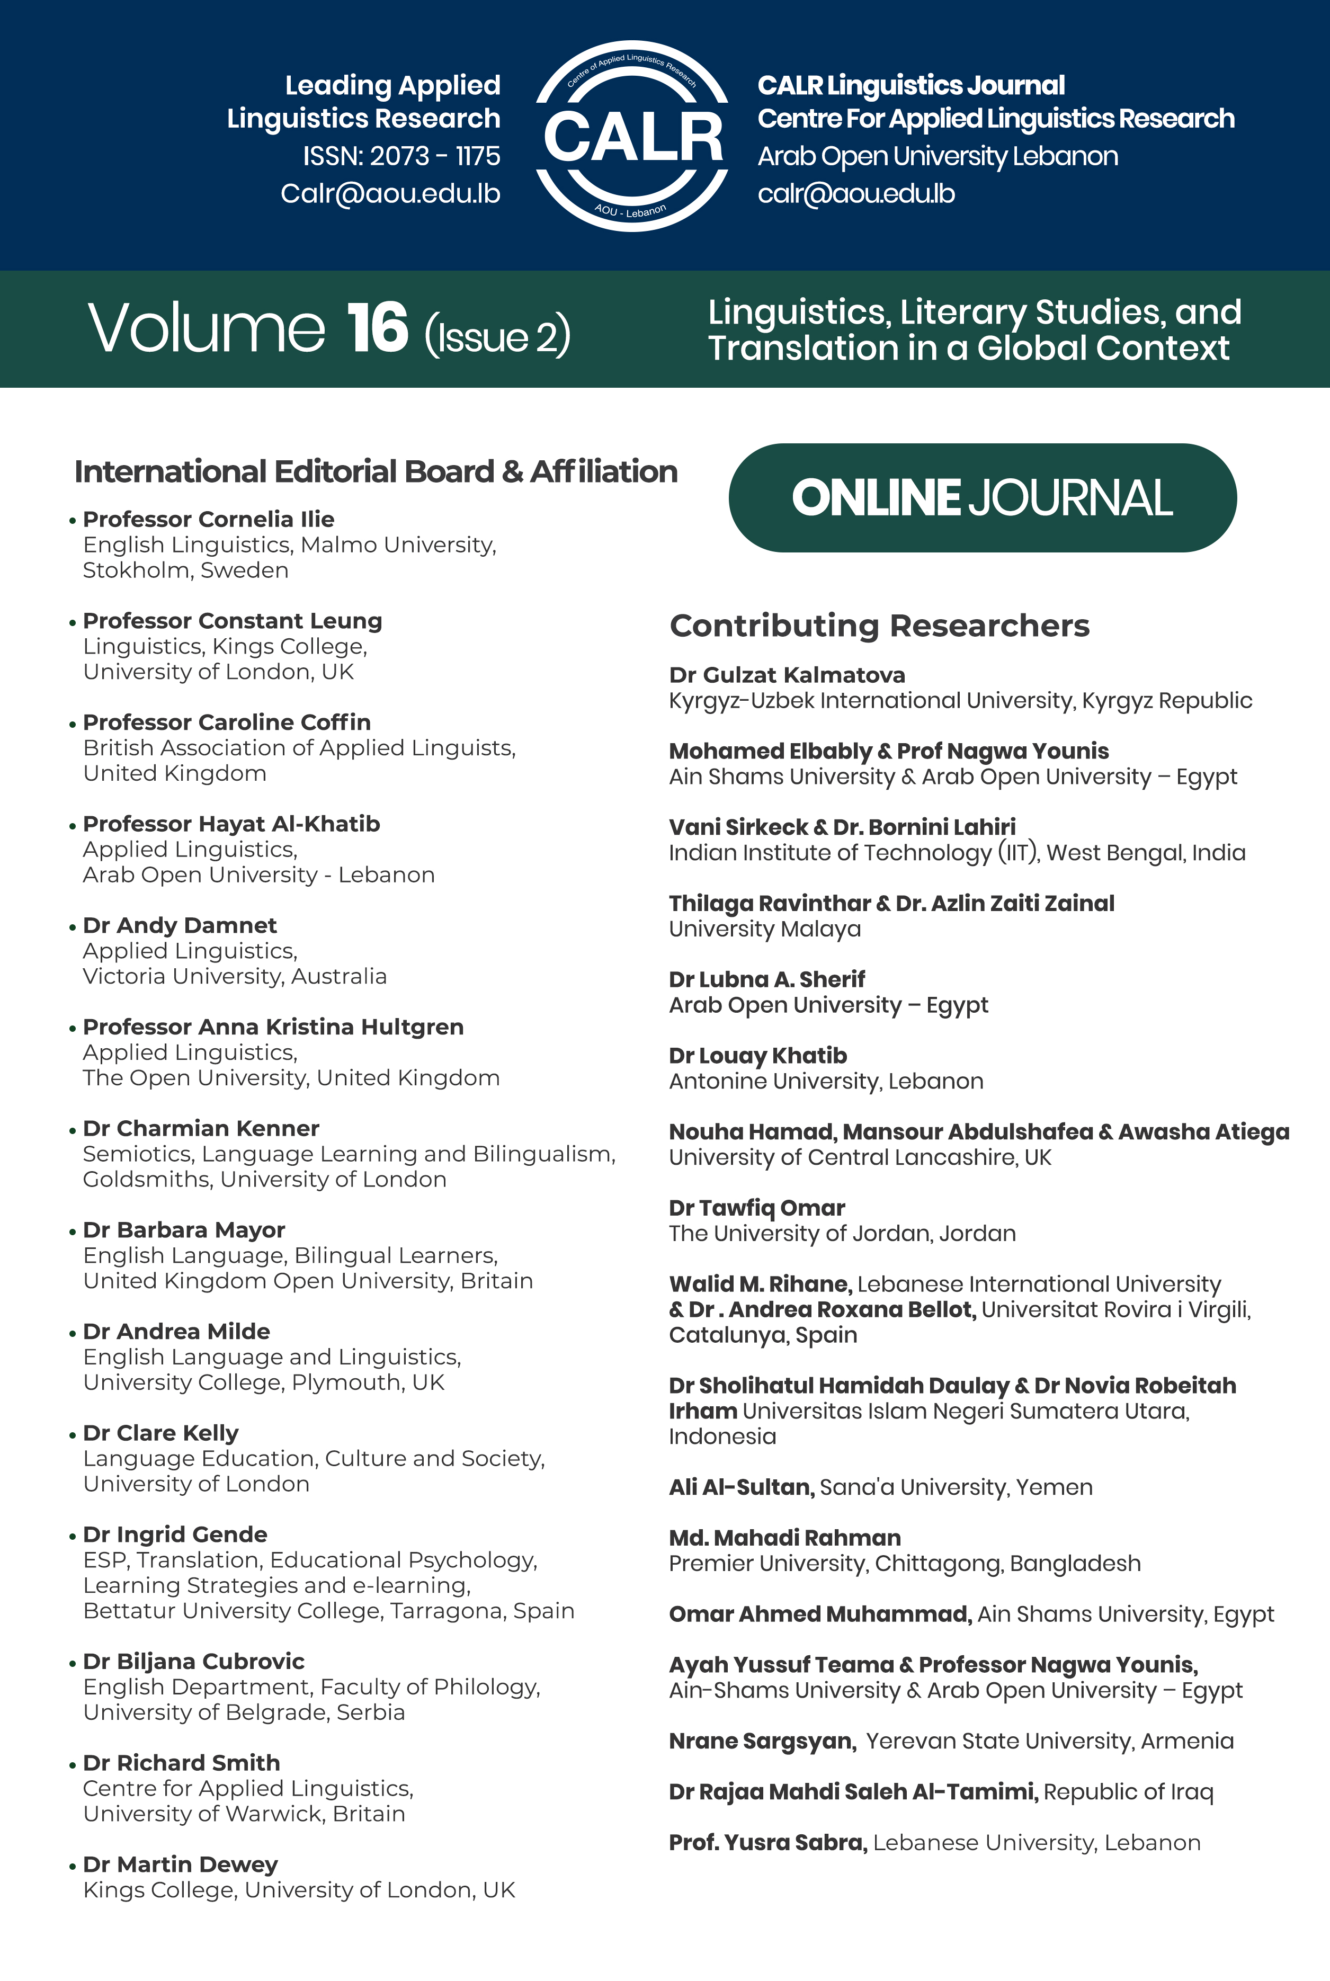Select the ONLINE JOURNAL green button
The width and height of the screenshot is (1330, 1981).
point(982,498)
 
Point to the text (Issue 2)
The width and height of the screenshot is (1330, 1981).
point(497,336)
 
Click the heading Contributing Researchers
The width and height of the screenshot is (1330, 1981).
point(880,626)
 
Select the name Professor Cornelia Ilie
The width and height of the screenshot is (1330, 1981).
point(209,519)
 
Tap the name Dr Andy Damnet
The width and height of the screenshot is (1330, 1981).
point(180,925)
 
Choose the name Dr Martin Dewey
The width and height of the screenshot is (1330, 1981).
point(181,1864)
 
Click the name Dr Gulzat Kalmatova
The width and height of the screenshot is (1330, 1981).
point(787,675)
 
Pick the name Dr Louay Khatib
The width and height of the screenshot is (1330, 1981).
point(757,1056)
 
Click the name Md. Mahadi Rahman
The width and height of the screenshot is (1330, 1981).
point(784,1538)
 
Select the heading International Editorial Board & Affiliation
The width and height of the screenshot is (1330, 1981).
point(376,471)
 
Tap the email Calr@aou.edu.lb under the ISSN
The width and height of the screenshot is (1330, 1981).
point(390,194)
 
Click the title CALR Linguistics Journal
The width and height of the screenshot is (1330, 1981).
point(911,86)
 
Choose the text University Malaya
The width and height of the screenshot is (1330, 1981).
point(764,930)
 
